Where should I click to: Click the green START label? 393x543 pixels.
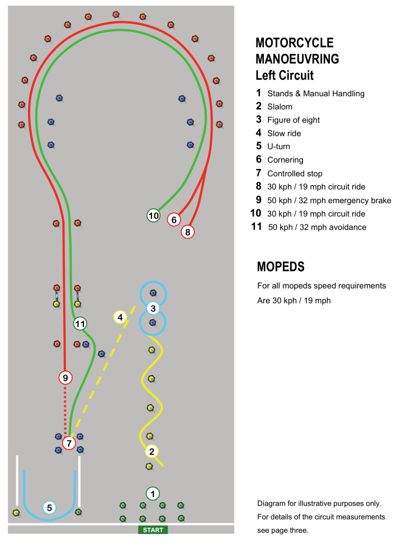pyautogui.click(x=153, y=530)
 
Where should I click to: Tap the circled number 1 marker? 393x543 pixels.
pyautogui.click(x=153, y=494)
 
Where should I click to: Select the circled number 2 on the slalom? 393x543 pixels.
pyautogui.click(x=151, y=451)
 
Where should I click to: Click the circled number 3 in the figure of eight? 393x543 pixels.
pyautogui.click(x=153, y=308)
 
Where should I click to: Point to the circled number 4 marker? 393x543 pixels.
pyautogui.click(x=120, y=317)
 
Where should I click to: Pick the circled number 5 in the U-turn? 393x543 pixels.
pyautogui.click(x=49, y=508)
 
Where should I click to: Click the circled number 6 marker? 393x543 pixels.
pyautogui.click(x=174, y=219)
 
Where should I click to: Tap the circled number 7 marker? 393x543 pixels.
pyautogui.click(x=69, y=443)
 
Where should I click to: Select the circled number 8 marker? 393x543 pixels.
pyautogui.click(x=187, y=232)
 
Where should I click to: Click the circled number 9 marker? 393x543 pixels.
pyautogui.click(x=65, y=377)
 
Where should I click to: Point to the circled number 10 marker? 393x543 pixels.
pyautogui.click(x=153, y=216)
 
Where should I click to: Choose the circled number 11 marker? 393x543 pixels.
pyautogui.click(x=80, y=324)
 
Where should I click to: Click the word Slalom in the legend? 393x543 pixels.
pyautogui.click(x=280, y=107)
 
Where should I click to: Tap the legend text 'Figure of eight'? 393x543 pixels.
pyautogui.click(x=293, y=120)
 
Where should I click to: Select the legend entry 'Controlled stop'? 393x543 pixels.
pyautogui.click(x=295, y=174)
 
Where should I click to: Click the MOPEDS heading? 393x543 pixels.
pyautogui.click(x=281, y=266)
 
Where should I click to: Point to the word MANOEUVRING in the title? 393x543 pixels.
pyautogui.click(x=297, y=59)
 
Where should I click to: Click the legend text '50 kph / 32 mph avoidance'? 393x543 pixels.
pyautogui.click(x=317, y=227)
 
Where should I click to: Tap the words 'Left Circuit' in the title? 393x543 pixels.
pyautogui.click(x=285, y=75)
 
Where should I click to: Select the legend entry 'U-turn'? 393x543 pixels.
pyautogui.click(x=278, y=147)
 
